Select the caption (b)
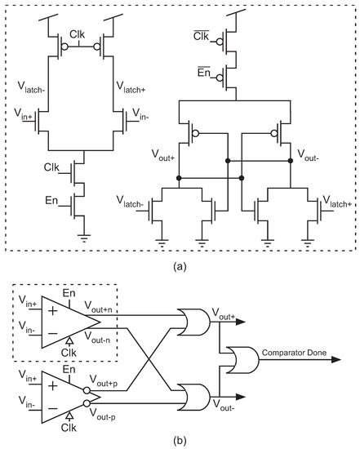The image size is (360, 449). click(179, 440)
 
